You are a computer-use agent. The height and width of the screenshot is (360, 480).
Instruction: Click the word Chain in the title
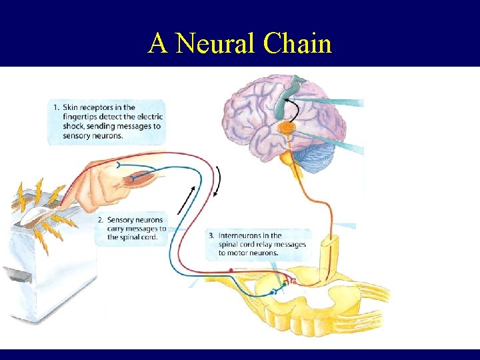point(298,44)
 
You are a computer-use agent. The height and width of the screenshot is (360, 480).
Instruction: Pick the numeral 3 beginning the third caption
point(211,235)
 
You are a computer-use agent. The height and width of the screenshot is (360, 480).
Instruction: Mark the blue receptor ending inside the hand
point(119,163)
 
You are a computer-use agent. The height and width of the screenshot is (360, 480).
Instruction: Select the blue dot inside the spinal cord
point(272,292)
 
